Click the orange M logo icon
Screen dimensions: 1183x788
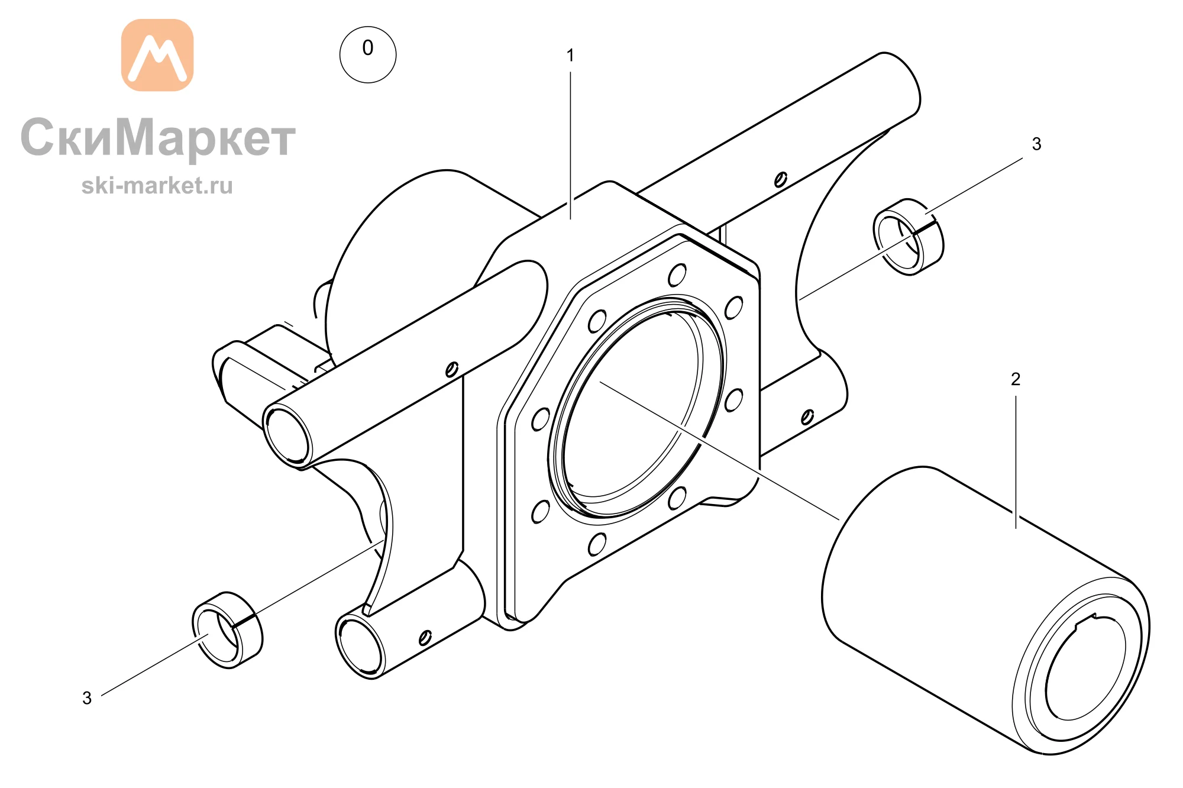[157, 55]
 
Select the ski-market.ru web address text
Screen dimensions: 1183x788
[157, 186]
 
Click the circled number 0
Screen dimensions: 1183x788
[368, 54]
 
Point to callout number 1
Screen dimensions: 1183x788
[570, 56]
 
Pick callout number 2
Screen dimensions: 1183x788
[1016, 379]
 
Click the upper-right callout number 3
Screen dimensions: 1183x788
[1036, 144]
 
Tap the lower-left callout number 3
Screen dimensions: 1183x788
[87, 698]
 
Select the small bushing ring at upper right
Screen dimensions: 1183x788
[909, 237]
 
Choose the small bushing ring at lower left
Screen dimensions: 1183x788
[227, 630]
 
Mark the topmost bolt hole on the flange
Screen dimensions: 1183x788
[677, 275]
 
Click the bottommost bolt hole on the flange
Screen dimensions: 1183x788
[597, 544]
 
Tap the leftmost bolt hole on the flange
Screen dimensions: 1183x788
[541, 419]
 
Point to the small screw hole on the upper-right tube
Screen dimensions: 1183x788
[781, 179]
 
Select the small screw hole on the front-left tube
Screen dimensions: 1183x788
[451, 370]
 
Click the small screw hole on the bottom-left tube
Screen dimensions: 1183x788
[425, 638]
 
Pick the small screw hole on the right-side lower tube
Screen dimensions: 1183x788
[807, 417]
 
